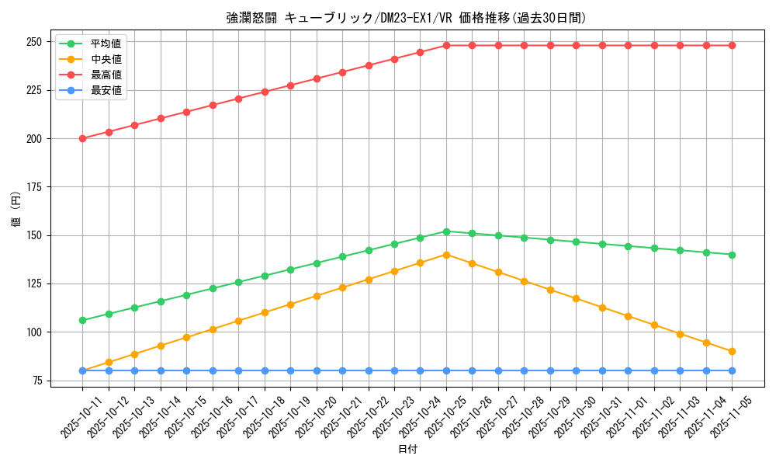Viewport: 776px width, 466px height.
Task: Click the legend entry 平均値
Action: click(106, 43)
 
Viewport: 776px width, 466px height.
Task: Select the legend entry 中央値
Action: click(106, 59)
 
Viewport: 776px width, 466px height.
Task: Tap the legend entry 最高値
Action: click(106, 75)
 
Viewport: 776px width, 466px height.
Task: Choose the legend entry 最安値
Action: click(106, 90)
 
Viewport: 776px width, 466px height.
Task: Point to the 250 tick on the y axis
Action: click(33, 42)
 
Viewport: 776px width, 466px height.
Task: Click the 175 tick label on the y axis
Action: click(33, 187)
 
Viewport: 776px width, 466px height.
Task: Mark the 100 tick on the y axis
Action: click(33, 332)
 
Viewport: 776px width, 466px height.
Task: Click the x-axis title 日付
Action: click(407, 450)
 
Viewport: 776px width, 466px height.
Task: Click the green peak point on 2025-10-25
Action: click(446, 231)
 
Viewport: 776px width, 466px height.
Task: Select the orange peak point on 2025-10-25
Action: click(446, 255)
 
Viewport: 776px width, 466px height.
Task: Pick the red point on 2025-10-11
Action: click(82, 138)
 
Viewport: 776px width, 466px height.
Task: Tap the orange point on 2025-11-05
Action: click(732, 351)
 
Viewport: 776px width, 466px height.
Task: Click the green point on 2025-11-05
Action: click(732, 255)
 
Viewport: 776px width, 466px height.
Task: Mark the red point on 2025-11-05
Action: click(732, 45)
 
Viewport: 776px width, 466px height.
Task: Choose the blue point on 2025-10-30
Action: click(576, 370)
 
